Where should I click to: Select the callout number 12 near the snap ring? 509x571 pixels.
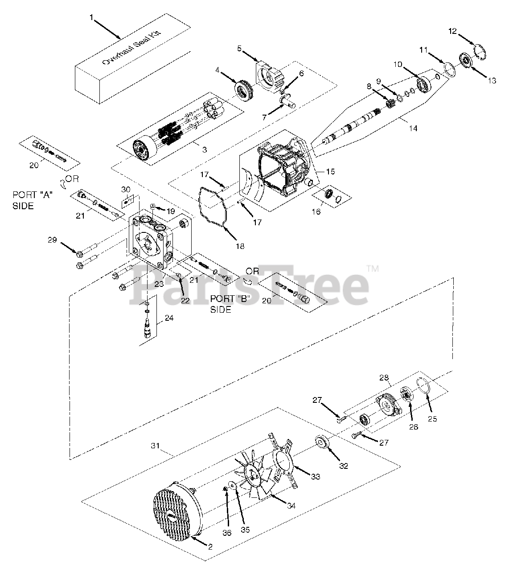pyautogui.click(x=452, y=31)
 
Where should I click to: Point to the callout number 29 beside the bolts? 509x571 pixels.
pyautogui.click(x=53, y=240)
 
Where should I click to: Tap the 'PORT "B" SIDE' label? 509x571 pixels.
pyautogui.click(x=228, y=303)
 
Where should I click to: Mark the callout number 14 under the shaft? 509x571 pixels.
pyautogui.click(x=413, y=128)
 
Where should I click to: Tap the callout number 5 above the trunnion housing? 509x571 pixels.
pyautogui.click(x=239, y=49)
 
